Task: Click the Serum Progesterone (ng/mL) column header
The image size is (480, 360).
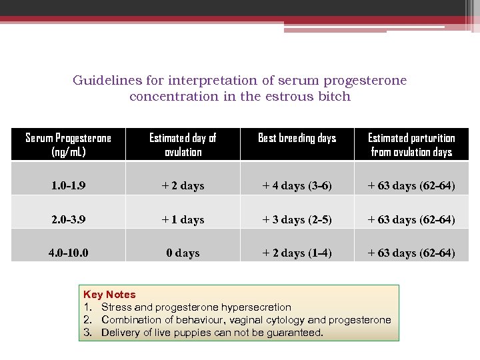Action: [68, 145]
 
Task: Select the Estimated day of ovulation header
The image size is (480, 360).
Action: [183, 145]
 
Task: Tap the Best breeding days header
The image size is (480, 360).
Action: [297, 138]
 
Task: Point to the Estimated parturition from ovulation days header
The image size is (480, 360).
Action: [411, 145]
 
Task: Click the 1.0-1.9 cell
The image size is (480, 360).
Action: [68, 185]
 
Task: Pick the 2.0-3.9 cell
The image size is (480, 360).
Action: [68, 219]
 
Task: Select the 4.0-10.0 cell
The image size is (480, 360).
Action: [68, 253]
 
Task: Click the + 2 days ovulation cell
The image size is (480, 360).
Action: [183, 185]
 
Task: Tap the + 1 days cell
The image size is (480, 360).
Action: [183, 219]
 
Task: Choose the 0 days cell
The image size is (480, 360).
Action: [183, 253]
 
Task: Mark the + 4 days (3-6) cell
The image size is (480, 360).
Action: [297, 185]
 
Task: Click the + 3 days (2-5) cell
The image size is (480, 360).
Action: [297, 219]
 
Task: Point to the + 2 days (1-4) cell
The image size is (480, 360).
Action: [297, 253]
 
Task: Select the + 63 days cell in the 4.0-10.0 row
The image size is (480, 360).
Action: [411, 253]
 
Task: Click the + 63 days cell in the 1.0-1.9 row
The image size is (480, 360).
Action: [411, 185]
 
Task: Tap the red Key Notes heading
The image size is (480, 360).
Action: [109, 295]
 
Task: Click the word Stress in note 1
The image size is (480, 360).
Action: [117, 307]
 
